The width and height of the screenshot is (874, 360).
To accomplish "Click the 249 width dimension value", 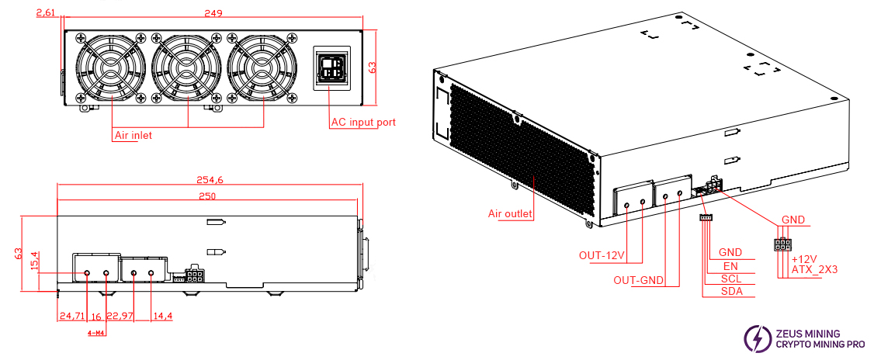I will tap(213, 13).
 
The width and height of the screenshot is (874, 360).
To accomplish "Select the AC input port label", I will tap(363, 123).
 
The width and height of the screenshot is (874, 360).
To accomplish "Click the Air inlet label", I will tap(134, 135).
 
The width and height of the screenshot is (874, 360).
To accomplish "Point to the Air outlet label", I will tap(510, 213).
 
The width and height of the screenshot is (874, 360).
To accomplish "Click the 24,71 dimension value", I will tap(71, 316).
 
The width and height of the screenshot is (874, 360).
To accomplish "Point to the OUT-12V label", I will tap(602, 254).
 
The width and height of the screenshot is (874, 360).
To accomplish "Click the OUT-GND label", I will tap(638, 280).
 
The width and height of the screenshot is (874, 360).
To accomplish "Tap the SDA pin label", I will tap(730, 291).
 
